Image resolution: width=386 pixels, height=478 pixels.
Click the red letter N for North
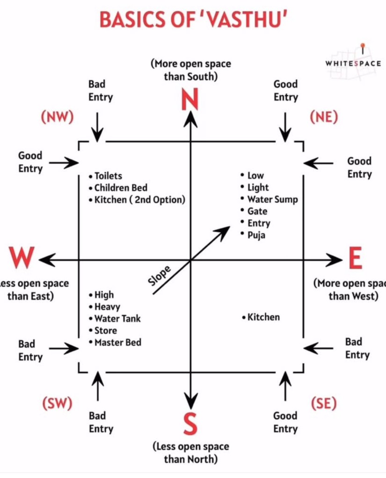(x=190, y=100)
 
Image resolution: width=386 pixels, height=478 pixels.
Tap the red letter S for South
(x=189, y=424)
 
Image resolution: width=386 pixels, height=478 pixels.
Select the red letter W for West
(x=22, y=257)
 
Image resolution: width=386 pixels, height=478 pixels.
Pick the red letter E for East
(x=355, y=258)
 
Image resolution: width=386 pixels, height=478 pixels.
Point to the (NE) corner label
(x=323, y=117)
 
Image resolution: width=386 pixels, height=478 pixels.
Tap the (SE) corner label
(x=323, y=403)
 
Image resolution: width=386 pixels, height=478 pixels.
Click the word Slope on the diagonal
(x=160, y=276)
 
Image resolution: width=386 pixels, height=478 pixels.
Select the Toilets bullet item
(x=108, y=176)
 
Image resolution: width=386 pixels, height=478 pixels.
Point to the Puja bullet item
(x=256, y=235)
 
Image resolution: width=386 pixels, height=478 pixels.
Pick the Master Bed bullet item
(x=117, y=342)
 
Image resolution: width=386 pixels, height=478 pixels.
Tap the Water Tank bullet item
(x=117, y=319)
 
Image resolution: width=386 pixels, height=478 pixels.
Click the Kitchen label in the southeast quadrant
(x=263, y=317)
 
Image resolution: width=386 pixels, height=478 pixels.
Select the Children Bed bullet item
(x=121, y=188)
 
